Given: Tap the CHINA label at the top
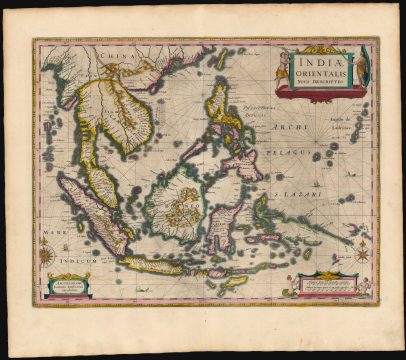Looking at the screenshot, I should coord(119,58).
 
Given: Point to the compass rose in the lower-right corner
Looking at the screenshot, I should coord(362,254).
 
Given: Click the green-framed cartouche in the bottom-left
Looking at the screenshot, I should coord(66,286).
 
